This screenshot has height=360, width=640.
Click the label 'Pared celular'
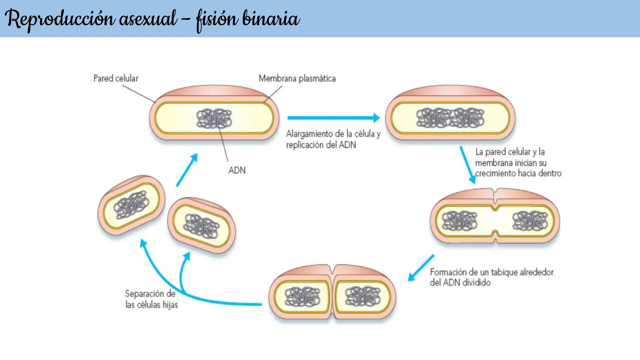click(x=116, y=78)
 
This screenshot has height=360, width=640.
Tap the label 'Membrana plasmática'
click(x=297, y=79)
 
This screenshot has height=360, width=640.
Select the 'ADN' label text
click(x=237, y=170)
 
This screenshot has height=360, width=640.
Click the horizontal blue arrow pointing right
click(x=333, y=118)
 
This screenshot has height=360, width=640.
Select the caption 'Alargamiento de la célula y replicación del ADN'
click(x=333, y=139)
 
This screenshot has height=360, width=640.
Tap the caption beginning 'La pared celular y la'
click(x=518, y=162)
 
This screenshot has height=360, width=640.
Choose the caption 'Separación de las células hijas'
click(x=151, y=299)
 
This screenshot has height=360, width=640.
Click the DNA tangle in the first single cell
click(x=214, y=118)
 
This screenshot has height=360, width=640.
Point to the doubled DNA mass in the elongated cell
click(x=450, y=118)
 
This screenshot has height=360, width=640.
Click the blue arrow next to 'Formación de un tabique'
click(x=421, y=268)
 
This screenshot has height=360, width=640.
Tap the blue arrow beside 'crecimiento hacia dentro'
click(x=467, y=165)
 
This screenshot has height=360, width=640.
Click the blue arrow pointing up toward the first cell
click(x=187, y=170)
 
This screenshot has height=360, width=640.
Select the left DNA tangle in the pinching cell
click(x=459, y=221)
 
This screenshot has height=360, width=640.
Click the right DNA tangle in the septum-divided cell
click(x=363, y=296)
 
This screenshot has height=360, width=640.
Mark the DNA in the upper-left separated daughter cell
click(x=131, y=204)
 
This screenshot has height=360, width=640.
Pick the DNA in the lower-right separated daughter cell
click(x=201, y=226)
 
